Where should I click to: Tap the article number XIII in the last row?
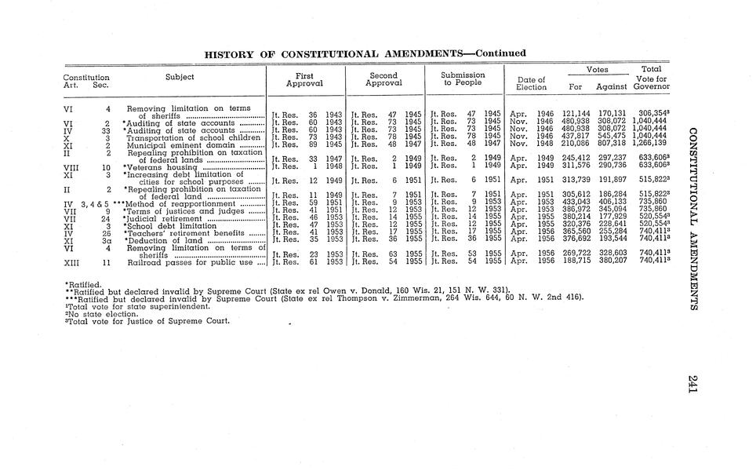[73, 262]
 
